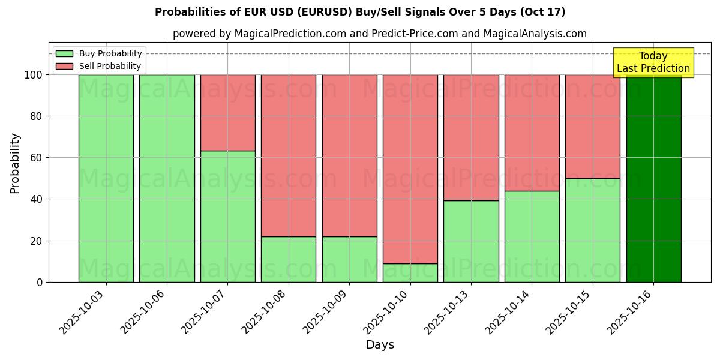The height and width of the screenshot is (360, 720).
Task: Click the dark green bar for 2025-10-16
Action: pyautogui.click(x=653, y=180)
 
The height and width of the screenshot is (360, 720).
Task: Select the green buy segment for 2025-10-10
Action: pyautogui.click(x=410, y=273)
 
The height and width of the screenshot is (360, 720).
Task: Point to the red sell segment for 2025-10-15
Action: pyautogui.click(x=593, y=127)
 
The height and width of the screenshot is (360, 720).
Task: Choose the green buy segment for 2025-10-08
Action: pyautogui.click(x=289, y=259)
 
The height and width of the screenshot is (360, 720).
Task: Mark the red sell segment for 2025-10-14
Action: pyautogui.click(x=532, y=133)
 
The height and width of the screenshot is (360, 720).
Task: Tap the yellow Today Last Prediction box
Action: pyautogui.click(x=653, y=62)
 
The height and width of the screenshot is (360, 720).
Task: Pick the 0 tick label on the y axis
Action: pyautogui.click(x=40, y=282)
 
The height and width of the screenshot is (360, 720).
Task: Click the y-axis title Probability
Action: pyautogui.click(x=15, y=163)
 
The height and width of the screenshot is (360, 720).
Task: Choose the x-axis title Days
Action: pyautogui.click(x=380, y=345)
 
